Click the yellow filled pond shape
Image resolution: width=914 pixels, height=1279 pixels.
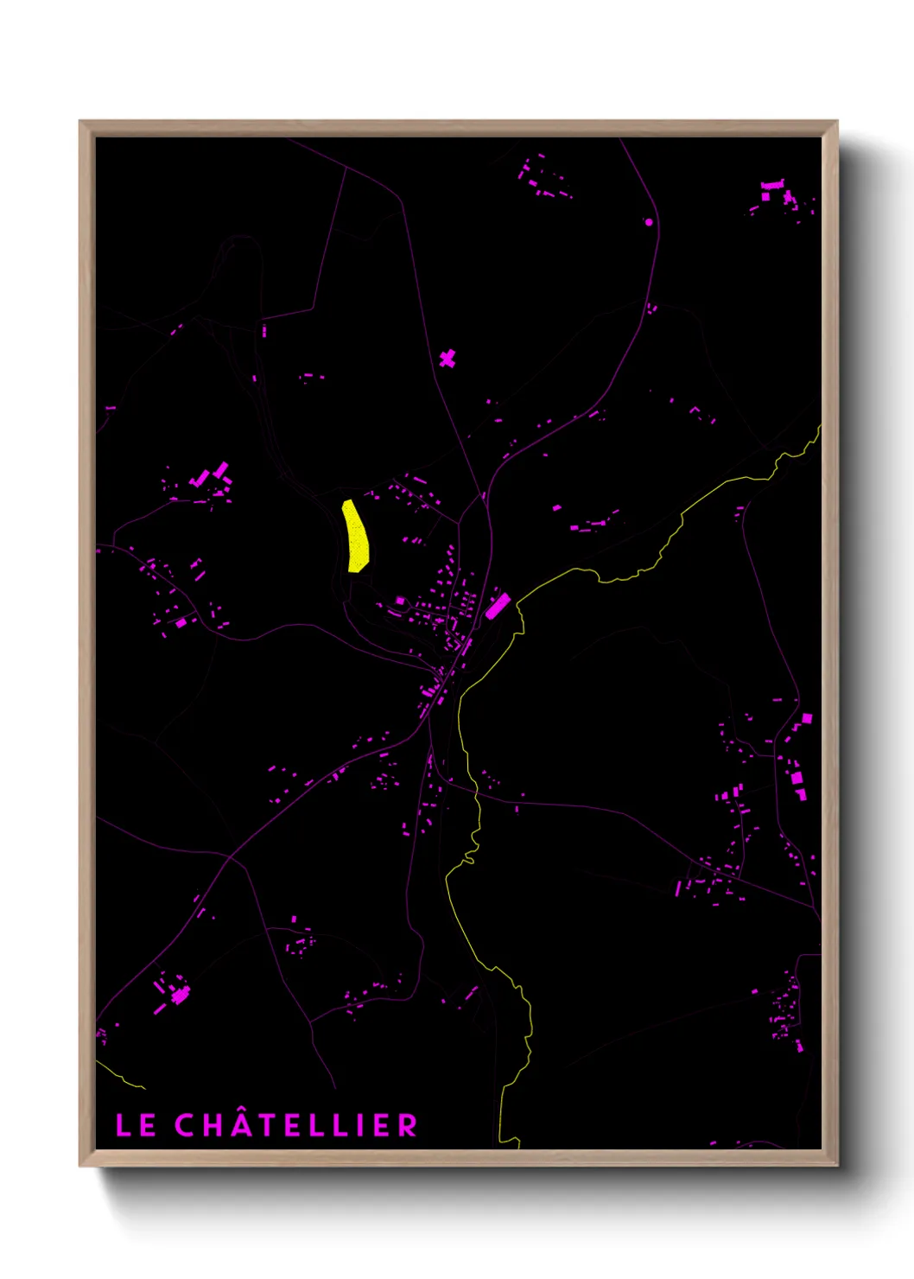(x=356, y=537)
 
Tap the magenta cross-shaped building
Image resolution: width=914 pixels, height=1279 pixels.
(x=447, y=358)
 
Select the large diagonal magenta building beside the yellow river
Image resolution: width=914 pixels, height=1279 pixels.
(x=497, y=606)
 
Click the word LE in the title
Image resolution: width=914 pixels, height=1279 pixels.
(x=136, y=1125)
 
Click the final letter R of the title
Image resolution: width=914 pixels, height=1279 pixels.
(x=407, y=1125)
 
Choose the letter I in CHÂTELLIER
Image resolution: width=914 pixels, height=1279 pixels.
(x=359, y=1125)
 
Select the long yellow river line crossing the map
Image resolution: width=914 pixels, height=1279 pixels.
(x=476, y=804)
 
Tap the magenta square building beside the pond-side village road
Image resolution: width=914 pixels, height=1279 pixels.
(x=400, y=600)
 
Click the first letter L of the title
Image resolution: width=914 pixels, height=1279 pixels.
(x=123, y=1125)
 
